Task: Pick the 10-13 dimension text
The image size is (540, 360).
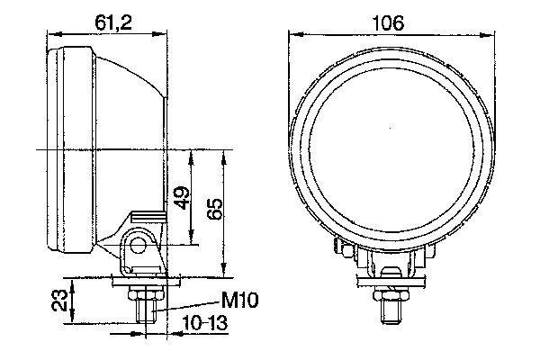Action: [205, 323]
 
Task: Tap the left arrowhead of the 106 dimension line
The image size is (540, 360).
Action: [292, 33]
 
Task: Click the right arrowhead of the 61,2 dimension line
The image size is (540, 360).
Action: [164, 33]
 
